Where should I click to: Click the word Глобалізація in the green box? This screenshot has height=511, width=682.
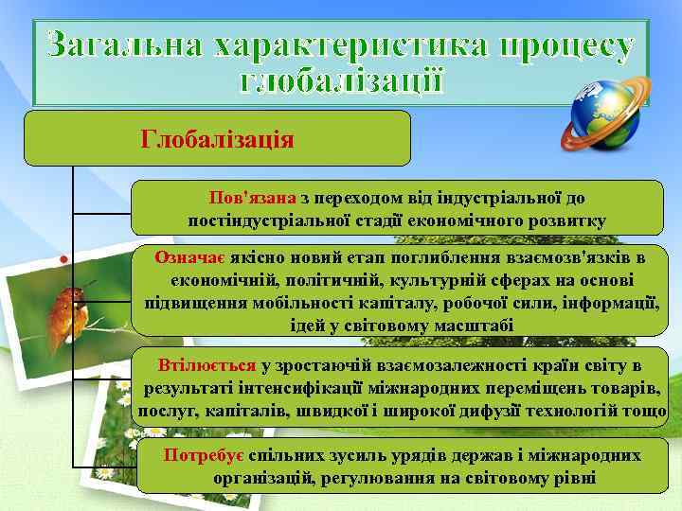217,139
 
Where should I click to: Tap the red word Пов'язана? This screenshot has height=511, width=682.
253,198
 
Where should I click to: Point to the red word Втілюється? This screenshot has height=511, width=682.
207,365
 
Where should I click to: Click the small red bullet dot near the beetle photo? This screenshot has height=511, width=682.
62,257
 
